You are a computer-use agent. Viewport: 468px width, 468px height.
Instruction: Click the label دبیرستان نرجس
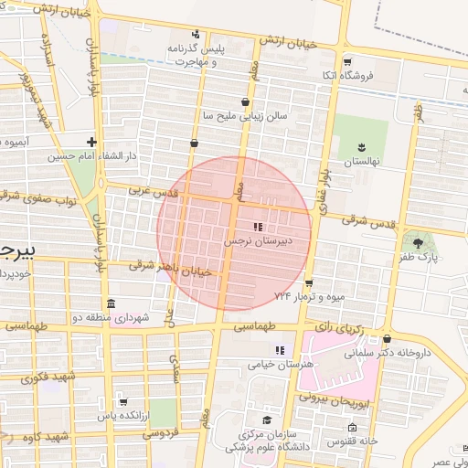pyautogui.click(x=259, y=242)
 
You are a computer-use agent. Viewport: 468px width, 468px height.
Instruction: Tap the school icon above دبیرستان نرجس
pyautogui.click(x=258, y=226)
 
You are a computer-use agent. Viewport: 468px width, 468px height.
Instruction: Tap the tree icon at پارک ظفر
pyautogui.click(x=419, y=242)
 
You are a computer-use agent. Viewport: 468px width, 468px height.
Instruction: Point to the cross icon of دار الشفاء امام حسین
pyautogui.click(x=91, y=141)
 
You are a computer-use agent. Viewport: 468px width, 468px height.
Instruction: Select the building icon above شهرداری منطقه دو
pyautogui.click(x=111, y=303)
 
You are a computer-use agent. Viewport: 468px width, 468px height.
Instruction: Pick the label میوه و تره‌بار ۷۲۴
pyautogui.click(x=307, y=297)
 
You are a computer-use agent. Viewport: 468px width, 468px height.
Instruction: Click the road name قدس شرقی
pyautogui.click(x=367, y=220)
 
